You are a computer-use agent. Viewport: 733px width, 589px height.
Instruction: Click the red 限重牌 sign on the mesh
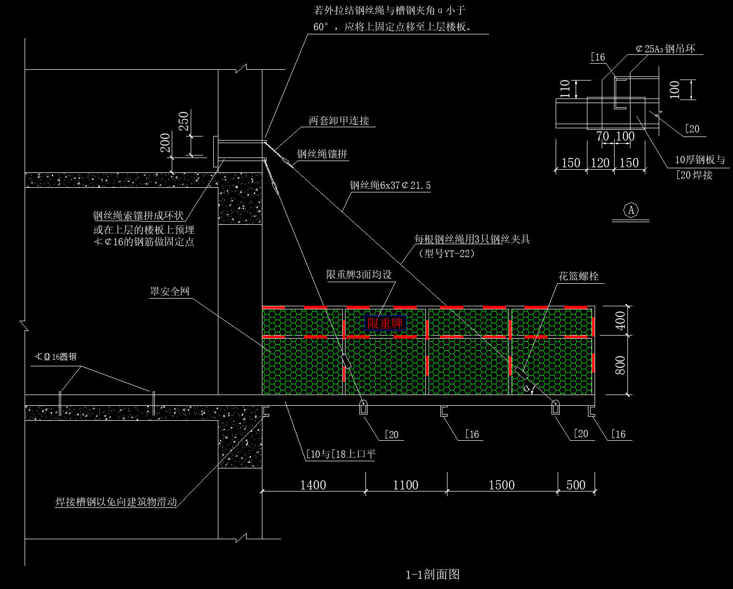point(385,323)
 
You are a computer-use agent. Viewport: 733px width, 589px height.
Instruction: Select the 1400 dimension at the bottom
point(313,485)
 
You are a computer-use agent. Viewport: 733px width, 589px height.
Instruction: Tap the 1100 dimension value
point(405,485)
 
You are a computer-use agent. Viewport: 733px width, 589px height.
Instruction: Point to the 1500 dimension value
point(502,485)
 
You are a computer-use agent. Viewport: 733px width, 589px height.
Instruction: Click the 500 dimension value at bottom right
point(576,485)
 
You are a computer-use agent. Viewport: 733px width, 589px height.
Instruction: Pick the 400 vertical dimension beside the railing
point(620,321)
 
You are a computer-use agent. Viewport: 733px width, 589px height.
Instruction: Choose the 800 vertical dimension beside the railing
point(620,365)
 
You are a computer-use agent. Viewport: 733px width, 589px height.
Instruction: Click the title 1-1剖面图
point(433,574)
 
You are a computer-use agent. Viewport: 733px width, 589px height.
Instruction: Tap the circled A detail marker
point(631,210)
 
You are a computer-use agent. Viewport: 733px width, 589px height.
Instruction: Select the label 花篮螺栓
point(578,276)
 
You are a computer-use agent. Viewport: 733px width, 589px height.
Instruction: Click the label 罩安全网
point(170,291)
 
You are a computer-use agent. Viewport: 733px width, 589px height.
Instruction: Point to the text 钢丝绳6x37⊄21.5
point(390,185)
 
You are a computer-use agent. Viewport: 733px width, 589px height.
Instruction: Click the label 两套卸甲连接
point(339,121)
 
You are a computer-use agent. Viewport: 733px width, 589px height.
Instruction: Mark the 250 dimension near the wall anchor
point(184,121)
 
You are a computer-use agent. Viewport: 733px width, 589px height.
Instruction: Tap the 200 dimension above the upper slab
point(165,143)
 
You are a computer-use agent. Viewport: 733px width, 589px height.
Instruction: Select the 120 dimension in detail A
point(600,163)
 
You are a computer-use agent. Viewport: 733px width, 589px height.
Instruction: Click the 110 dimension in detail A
point(565,89)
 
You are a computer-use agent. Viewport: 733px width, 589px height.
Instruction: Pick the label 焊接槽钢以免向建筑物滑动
point(116,502)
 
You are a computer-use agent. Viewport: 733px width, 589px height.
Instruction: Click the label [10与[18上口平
point(340,454)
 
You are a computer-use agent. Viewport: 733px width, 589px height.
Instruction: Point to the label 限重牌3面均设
point(359,274)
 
